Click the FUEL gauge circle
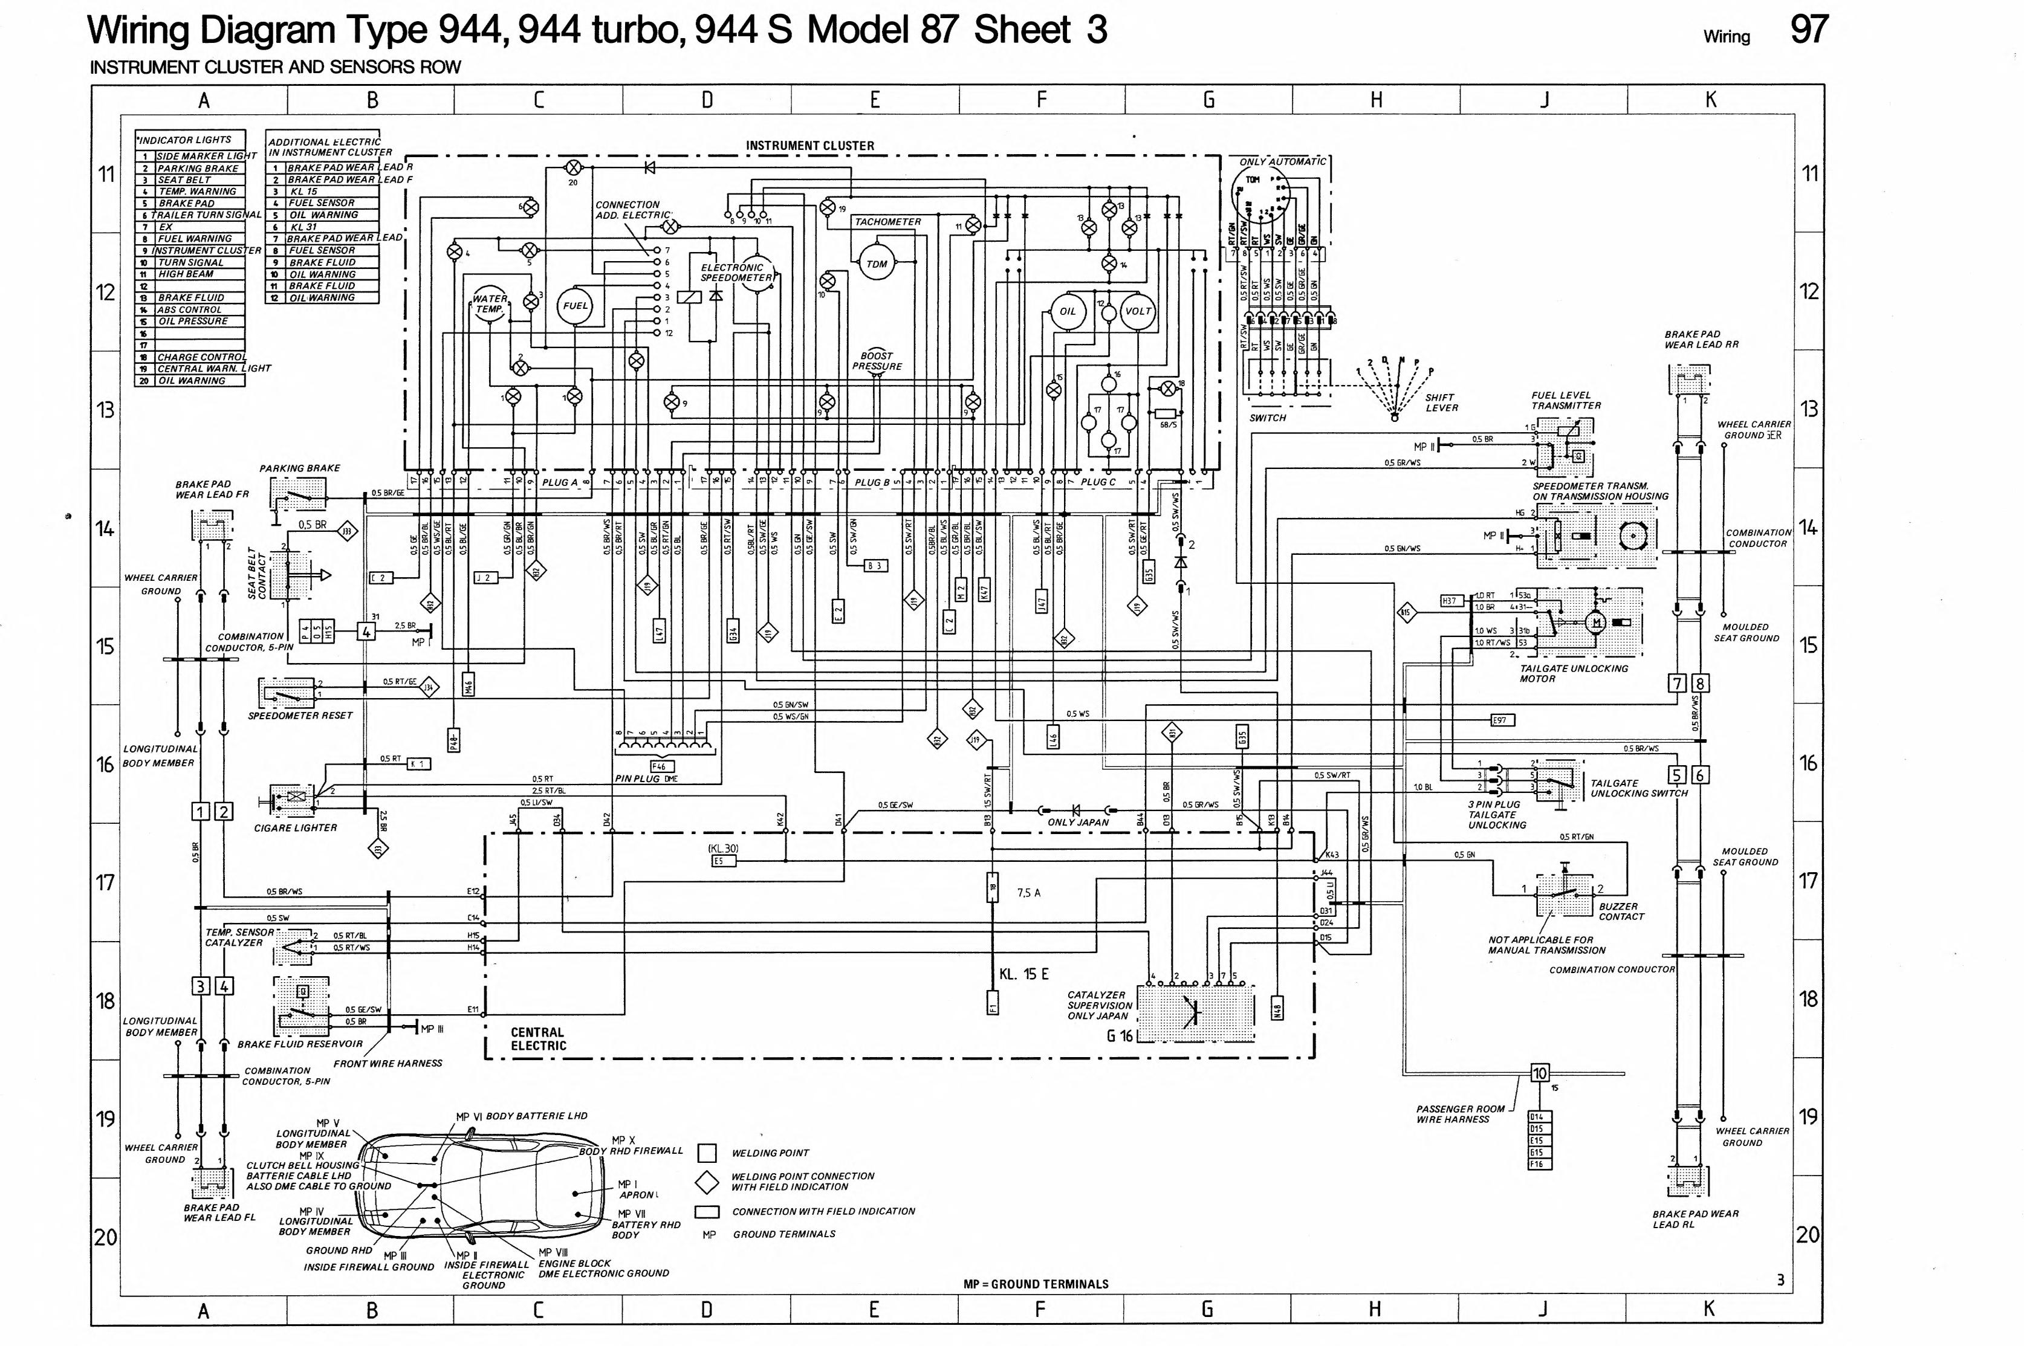pos(574,306)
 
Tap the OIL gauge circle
pos(1067,312)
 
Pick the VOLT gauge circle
pos(1137,312)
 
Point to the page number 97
pos(1809,30)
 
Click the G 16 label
pos(1119,1036)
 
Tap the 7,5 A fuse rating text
pos(1028,893)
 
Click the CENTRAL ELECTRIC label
pos(538,1039)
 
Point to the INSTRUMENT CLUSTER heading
pos(809,146)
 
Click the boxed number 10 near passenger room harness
pos(1539,1073)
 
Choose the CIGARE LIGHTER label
pos(295,827)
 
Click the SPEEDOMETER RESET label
pos(300,715)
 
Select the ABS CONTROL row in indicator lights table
pos(190,310)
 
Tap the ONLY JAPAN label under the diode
pos(1078,823)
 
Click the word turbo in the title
pos(634,30)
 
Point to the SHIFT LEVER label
pos(1441,403)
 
